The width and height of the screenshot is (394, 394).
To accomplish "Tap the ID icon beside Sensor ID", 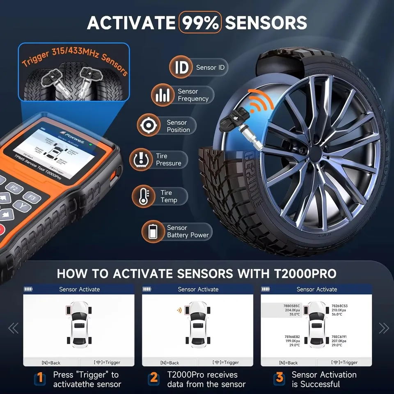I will click(x=181, y=67).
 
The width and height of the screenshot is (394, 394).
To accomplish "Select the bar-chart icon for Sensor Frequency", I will click(x=163, y=95).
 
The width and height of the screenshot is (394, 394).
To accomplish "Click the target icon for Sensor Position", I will click(x=148, y=126).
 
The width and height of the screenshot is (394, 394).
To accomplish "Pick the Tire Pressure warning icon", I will click(x=141, y=160).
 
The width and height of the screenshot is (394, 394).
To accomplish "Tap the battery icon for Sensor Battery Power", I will click(x=153, y=231).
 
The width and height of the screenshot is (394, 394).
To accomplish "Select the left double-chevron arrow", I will click(x=14, y=328).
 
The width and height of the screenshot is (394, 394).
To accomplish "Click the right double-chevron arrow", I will click(x=383, y=328).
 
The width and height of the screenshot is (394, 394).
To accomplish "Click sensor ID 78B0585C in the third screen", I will click(x=292, y=306).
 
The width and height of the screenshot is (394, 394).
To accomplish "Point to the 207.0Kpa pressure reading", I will click(x=339, y=341).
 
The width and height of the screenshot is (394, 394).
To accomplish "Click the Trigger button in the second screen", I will click(x=226, y=362).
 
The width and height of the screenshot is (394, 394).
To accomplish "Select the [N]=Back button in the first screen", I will click(x=51, y=362).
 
